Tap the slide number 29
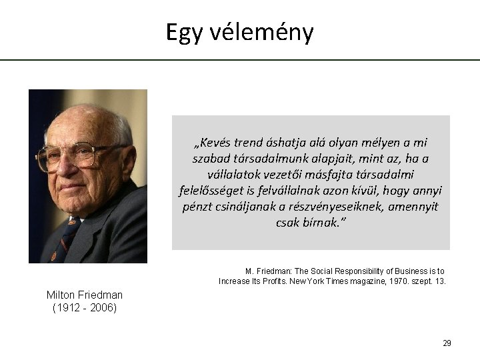tap(447, 343)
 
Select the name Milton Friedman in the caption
tap(85, 295)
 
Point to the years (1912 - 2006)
tap(85, 307)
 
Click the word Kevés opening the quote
tap(212, 143)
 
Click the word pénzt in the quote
tap(199, 207)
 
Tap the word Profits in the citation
tap(279, 281)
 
